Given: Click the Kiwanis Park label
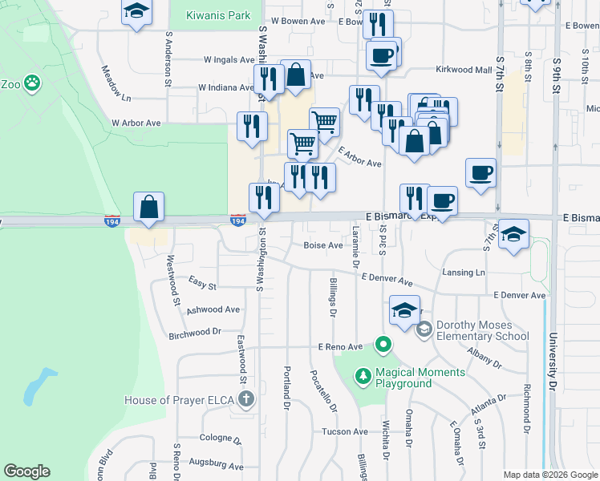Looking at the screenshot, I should click(218, 15).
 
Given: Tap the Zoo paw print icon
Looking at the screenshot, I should click(31, 82).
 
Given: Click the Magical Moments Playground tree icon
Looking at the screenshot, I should click(363, 376).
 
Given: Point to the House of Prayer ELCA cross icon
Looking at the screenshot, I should click(246, 399).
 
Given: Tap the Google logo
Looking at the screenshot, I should click(26, 471).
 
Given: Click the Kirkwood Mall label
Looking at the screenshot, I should click(463, 70).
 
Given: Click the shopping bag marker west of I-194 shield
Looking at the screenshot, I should click(149, 207).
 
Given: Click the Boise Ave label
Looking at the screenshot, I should click(322, 245).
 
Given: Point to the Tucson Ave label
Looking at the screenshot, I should click(345, 431).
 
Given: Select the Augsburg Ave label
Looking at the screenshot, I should click(216, 465).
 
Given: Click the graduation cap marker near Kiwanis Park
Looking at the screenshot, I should click(137, 12).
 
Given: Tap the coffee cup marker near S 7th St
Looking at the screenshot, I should click(480, 172).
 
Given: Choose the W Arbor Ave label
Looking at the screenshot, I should click(136, 123).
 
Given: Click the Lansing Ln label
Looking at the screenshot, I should click(464, 273).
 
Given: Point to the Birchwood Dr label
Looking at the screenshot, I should click(194, 332).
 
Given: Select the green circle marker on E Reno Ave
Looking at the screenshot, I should click(383, 346).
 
